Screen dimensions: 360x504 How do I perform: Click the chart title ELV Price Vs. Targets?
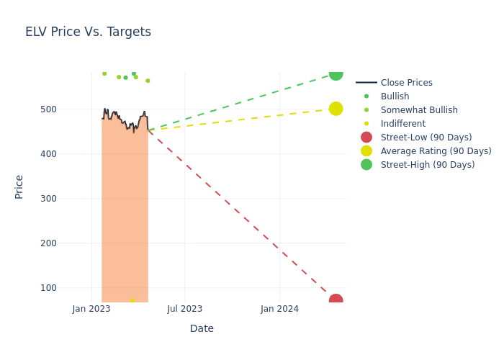(x=88, y=32)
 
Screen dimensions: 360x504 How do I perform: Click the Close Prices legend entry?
(x=406, y=83)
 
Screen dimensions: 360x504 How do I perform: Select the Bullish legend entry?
(x=395, y=96)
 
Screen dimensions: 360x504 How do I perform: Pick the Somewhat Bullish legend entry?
(x=419, y=110)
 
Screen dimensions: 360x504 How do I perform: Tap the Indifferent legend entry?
(x=402, y=124)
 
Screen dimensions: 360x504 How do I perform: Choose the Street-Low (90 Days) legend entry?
(x=426, y=138)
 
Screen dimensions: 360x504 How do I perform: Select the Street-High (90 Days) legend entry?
(x=428, y=165)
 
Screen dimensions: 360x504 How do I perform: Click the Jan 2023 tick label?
(x=91, y=309)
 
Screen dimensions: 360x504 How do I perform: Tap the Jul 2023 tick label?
(x=185, y=309)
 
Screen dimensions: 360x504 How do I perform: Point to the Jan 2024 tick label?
(x=279, y=309)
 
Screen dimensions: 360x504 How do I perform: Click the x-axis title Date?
(x=202, y=328)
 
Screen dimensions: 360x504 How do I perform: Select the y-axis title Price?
(x=19, y=186)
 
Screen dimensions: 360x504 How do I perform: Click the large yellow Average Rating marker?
(x=336, y=109)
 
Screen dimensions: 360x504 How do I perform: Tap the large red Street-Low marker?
(x=336, y=300)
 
